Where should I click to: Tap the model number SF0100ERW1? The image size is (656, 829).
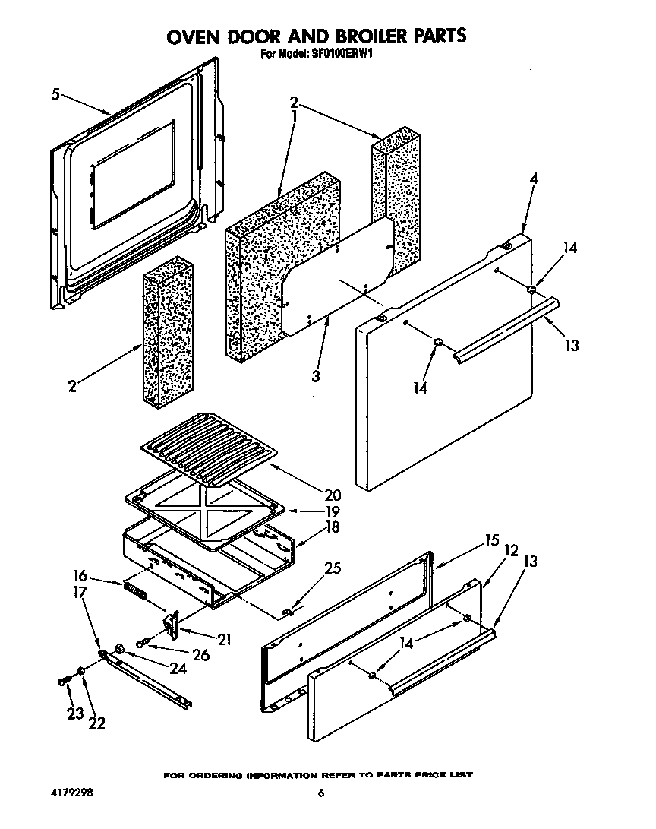tap(342, 54)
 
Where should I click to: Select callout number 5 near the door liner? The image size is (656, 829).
tap(55, 95)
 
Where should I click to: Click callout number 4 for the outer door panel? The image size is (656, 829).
tap(535, 179)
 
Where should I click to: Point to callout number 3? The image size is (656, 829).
tap(315, 375)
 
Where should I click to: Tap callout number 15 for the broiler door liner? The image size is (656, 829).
tap(492, 541)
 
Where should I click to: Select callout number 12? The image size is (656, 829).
tap(511, 551)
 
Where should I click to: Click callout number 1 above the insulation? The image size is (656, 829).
tap(293, 116)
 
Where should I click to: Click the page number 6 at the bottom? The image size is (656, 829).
tap(321, 793)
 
